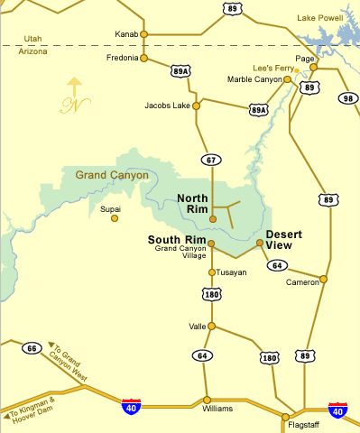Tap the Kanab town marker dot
point(143,34)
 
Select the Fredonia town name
point(121,58)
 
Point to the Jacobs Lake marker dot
point(197,105)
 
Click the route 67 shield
point(211,160)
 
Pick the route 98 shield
point(348,97)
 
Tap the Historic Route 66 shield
point(33,348)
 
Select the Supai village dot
point(114,218)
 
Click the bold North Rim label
point(194,204)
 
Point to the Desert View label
point(283,239)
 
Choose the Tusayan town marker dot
point(212,272)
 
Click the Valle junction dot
point(212,327)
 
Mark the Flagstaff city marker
point(286,417)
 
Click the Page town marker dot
point(313,68)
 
